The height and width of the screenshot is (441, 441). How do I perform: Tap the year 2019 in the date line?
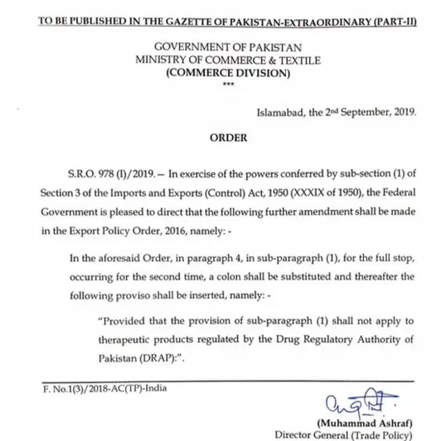click(402, 112)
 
